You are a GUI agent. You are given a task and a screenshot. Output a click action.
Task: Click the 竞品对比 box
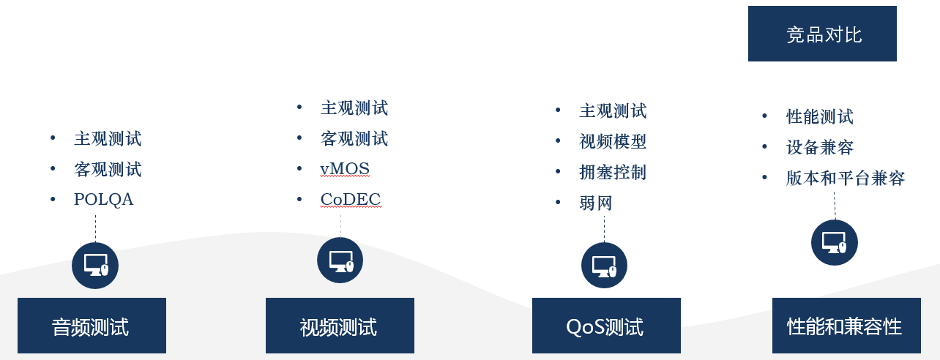(822, 34)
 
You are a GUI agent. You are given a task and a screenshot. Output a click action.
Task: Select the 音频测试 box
(92, 326)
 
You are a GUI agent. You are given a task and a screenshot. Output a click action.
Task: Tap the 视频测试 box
(340, 326)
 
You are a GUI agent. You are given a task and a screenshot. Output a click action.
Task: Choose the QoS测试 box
(606, 326)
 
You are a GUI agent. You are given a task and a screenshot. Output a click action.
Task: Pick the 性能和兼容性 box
(846, 326)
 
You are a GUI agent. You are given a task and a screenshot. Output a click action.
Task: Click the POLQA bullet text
(104, 199)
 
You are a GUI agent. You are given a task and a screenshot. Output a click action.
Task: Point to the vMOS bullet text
(345, 169)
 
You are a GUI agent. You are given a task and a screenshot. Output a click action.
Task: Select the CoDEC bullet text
(351, 199)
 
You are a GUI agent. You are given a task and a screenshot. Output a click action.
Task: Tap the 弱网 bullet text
(595, 203)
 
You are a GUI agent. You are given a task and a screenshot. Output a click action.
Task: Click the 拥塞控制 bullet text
(613, 172)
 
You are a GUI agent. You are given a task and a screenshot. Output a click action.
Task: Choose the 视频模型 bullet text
(613, 141)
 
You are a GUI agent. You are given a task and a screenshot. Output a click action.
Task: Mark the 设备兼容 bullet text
(819, 147)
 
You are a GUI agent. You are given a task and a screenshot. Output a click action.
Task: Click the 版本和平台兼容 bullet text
(846, 178)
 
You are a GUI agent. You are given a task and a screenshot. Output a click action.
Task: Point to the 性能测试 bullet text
(819, 116)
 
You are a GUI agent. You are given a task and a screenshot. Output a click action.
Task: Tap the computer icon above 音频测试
(95, 265)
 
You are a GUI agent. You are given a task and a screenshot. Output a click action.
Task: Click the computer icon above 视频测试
(340, 260)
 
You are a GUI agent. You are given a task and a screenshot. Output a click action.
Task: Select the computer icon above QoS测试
(604, 265)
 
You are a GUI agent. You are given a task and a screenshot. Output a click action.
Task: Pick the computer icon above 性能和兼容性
(835, 242)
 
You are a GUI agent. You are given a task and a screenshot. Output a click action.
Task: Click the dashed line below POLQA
(95, 229)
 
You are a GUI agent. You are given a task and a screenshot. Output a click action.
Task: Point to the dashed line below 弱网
(604, 229)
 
